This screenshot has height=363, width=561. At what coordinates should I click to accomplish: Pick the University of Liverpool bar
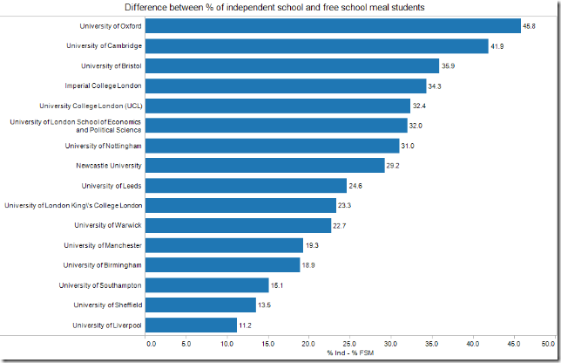point(192,325)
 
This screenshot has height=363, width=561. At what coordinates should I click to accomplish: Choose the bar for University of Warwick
point(239,225)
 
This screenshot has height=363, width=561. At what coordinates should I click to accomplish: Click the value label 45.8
point(529,26)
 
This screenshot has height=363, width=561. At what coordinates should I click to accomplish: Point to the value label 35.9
point(449,65)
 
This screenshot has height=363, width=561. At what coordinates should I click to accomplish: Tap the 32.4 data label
point(420,106)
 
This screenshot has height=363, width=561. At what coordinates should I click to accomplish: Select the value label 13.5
point(266,305)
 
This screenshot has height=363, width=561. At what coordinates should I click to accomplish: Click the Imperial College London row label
point(104,86)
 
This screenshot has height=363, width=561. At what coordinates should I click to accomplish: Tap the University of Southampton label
point(101,285)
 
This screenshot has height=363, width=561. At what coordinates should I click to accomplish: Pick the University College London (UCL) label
point(98,106)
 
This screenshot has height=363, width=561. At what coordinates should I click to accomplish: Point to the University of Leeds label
point(112,185)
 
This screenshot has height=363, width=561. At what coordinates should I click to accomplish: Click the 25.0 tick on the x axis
point(349,343)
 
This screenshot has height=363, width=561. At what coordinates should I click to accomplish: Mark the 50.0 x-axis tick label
point(548,343)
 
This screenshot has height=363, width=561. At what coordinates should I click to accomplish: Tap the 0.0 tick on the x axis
point(151,343)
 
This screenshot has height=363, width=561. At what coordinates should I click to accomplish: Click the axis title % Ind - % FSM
point(348,353)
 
